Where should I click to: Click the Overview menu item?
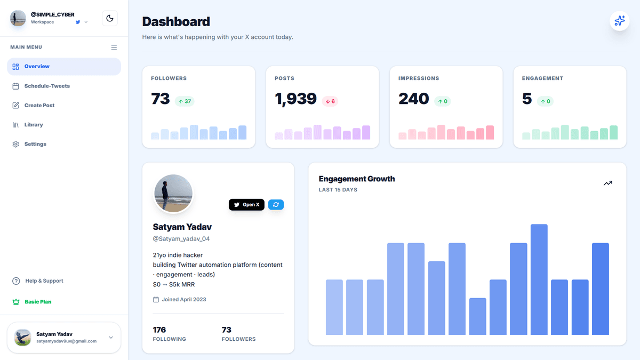pyautogui.click(x=64, y=67)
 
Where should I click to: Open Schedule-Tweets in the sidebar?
pyautogui.click(x=47, y=86)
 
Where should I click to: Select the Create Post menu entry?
pyautogui.click(x=39, y=106)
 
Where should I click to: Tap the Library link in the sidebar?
pyautogui.click(x=34, y=125)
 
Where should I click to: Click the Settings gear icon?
pyautogui.click(x=15, y=145)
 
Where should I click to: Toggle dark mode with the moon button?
pyautogui.click(x=110, y=19)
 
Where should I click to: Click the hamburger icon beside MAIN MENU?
pyautogui.click(x=114, y=47)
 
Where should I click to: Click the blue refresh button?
pyautogui.click(x=276, y=205)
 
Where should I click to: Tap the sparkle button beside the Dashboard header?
pyautogui.click(x=619, y=21)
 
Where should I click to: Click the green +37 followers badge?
pyautogui.click(x=185, y=101)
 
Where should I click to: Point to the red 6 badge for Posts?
pyautogui.click(x=330, y=101)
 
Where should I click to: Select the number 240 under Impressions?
pyautogui.click(x=413, y=99)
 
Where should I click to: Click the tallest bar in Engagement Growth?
pyautogui.click(x=539, y=279)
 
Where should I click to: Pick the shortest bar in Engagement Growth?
pyautogui.click(x=477, y=316)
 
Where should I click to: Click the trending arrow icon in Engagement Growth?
pyautogui.click(x=607, y=183)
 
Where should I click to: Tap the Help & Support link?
pyautogui.click(x=44, y=281)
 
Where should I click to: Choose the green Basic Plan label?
pyautogui.click(x=38, y=302)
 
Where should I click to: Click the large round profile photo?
pyautogui.click(x=173, y=194)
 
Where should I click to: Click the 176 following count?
pyautogui.click(x=159, y=330)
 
